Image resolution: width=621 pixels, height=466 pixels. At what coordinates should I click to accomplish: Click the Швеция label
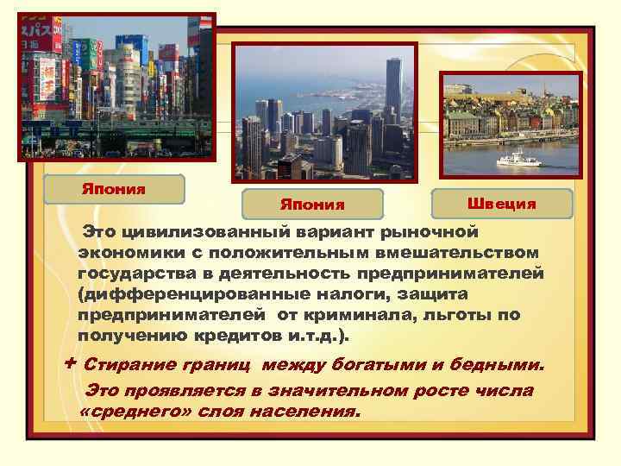[x=501, y=204]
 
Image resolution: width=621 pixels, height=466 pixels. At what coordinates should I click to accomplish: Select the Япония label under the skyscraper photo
[x=312, y=205]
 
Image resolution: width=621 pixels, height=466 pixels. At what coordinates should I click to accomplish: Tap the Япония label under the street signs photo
[x=113, y=188]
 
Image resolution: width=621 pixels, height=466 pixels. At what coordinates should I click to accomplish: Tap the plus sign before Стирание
[x=69, y=362]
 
